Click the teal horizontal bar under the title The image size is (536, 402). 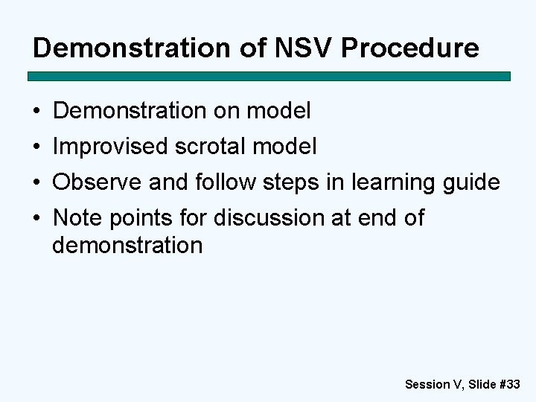pos(269,76)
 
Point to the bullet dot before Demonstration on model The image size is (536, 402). pos(36,112)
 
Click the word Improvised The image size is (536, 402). pos(110,147)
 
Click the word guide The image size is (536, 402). pos(472,182)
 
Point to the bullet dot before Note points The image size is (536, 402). pos(36,219)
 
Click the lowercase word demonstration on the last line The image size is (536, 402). pos(127,245)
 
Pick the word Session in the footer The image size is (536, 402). pos(427,384)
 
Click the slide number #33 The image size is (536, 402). pos(508,384)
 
